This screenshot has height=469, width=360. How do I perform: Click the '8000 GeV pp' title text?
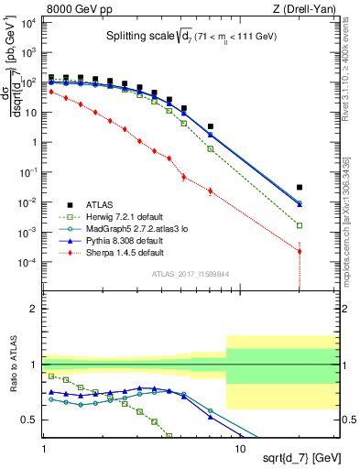click(x=77, y=8)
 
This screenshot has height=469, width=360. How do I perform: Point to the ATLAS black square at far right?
click(x=300, y=187)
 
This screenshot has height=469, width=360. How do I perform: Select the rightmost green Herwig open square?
click(x=300, y=224)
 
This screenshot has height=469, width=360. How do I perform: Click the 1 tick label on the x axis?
click(x=44, y=449)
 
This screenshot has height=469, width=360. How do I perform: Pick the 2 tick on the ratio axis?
click(x=37, y=309)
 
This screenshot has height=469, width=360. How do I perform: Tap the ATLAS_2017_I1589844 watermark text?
click(x=191, y=273)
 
